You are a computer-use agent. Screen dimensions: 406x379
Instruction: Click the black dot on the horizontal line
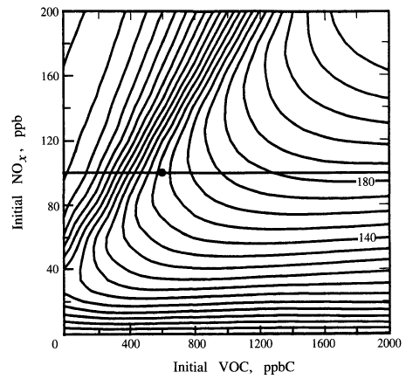coord(162,173)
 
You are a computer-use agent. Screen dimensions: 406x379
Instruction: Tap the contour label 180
coord(366,182)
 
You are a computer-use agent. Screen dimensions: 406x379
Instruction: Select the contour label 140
coord(367,238)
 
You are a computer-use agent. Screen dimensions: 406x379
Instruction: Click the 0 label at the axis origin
coord(55,344)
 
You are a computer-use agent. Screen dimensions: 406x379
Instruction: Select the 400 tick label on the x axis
coord(130,344)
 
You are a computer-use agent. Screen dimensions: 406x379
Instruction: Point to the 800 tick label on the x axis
coord(196,344)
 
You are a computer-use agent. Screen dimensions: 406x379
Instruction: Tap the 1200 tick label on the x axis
coord(261,344)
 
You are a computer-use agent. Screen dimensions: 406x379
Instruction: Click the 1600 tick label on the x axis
coord(324,344)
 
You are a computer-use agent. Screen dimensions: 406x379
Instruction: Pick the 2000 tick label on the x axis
coord(389,344)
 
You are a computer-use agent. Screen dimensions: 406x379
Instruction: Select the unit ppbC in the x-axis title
coord(279,369)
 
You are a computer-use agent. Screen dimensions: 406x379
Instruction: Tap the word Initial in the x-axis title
coord(190,367)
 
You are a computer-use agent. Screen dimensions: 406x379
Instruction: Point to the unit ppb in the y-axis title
coord(19,127)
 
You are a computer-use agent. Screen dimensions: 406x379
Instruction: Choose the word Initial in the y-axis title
coord(17,213)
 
